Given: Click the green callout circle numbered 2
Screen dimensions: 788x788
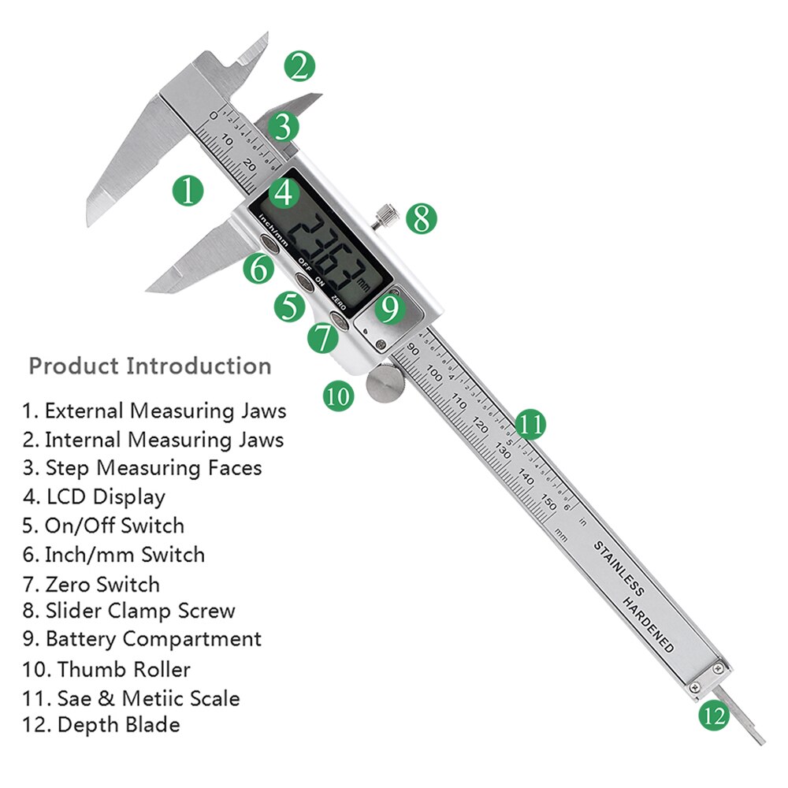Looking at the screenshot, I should coord(299,66).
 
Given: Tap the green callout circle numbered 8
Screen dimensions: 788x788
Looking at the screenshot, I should coord(421,218).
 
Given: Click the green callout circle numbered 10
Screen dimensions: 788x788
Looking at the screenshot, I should coord(338,395).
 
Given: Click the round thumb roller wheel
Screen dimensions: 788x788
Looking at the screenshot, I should coord(385,384).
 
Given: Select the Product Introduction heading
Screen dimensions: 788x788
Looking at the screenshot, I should coord(150,366).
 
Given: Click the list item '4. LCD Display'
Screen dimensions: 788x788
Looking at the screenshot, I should coord(94,496).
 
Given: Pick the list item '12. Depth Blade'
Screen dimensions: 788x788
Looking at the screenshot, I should coord(101,724).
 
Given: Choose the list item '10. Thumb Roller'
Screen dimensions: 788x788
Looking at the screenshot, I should coord(106,670).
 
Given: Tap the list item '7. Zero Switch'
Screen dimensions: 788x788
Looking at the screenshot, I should coord(91,584).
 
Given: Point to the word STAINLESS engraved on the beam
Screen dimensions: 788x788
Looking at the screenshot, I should coord(619,568).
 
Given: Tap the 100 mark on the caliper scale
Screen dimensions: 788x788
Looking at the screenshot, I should coord(434,370).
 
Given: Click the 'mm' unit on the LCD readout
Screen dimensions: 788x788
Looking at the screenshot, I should coord(363,281).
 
